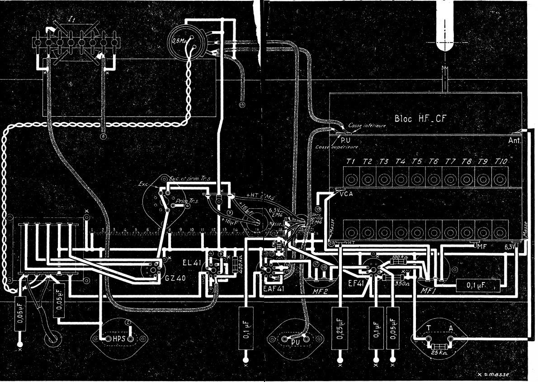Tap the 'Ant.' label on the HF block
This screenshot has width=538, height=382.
[514, 141]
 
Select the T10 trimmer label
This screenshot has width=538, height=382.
[502, 161]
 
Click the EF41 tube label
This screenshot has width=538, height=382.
[355, 286]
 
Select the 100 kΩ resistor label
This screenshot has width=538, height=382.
[396, 257]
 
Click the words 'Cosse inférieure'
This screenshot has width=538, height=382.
[367, 125]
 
